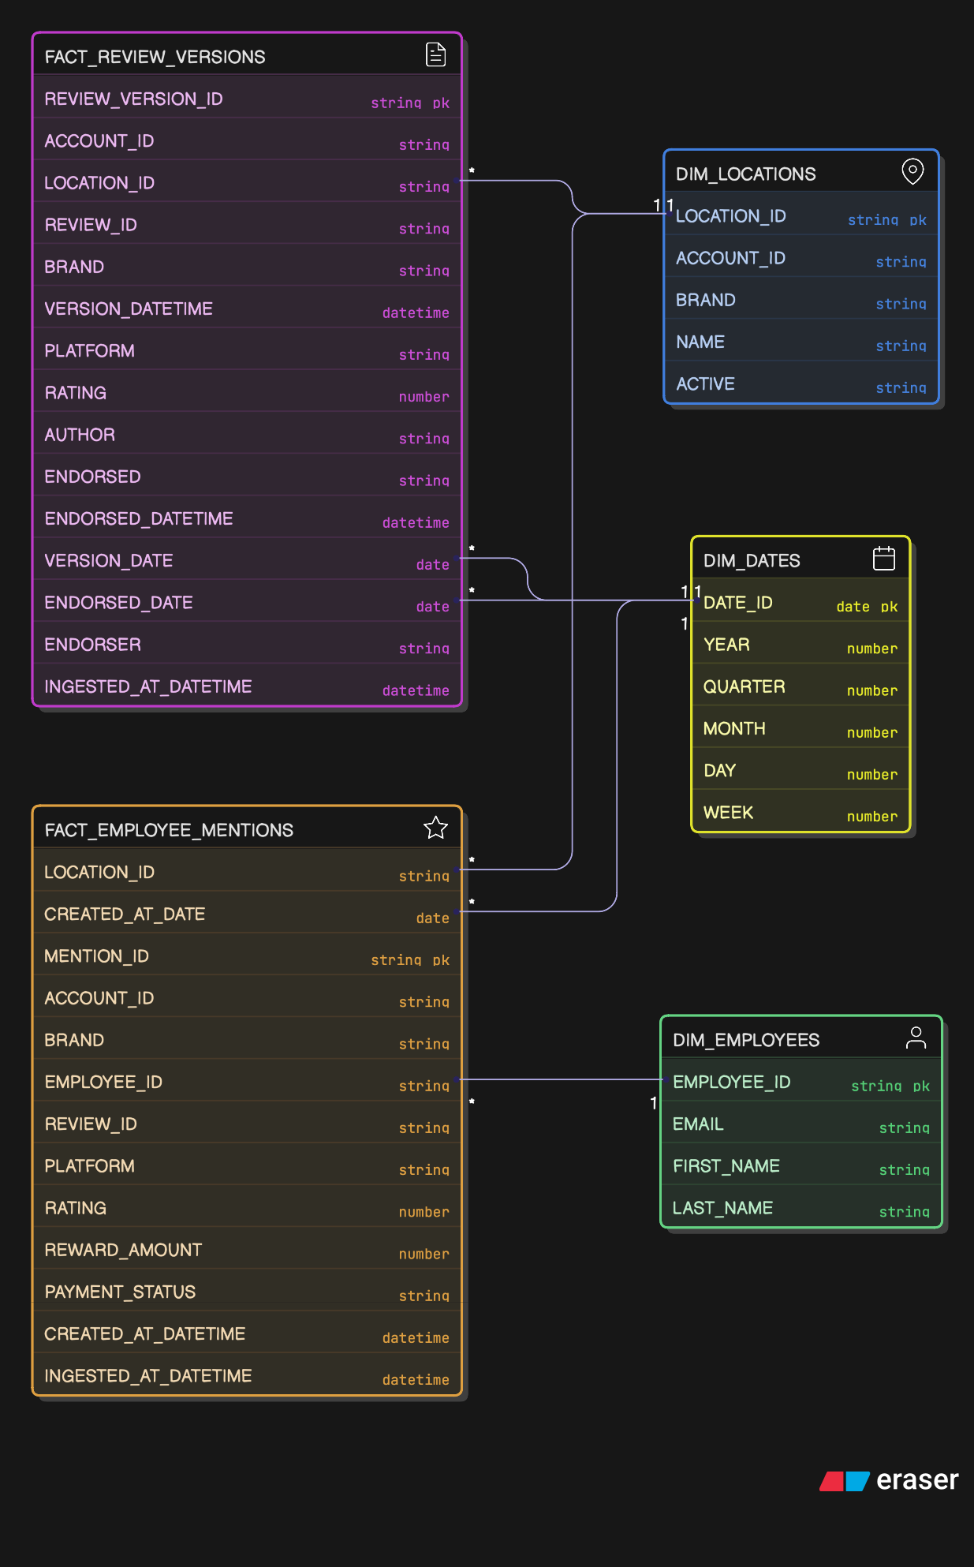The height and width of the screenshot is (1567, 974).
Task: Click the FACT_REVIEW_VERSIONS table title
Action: click(x=155, y=57)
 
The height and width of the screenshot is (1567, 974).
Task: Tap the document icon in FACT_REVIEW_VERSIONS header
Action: click(x=435, y=54)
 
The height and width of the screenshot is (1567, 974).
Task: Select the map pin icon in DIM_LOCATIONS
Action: click(x=912, y=171)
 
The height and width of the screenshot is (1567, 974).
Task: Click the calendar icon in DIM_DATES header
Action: click(x=883, y=559)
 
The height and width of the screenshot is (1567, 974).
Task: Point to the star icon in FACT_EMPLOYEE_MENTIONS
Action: click(x=435, y=828)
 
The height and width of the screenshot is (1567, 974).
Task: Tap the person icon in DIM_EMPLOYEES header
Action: click(x=916, y=1038)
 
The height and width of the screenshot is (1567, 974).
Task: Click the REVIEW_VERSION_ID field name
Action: click(x=133, y=99)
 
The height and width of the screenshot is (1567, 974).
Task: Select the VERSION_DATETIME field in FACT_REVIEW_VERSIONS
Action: click(x=129, y=309)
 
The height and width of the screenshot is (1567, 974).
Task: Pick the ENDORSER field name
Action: click(x=92, y=645)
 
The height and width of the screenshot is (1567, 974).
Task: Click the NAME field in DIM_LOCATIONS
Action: click(x=700, y=342)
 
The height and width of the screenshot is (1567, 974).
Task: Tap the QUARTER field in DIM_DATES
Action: click(x=744, y=687)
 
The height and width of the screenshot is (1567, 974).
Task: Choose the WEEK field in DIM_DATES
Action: click(x=728, y=813)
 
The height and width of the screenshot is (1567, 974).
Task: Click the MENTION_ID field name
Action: click(x=96, y=956)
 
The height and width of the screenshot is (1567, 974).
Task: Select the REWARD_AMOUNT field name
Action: click(x=123, y=1251)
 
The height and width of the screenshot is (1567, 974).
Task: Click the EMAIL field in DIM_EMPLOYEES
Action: click(x=698, y=1124)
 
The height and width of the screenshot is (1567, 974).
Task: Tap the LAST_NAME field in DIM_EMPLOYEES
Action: click(x=722, y=1208)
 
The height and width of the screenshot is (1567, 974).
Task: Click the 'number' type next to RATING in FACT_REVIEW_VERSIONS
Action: click(x=424, y=397)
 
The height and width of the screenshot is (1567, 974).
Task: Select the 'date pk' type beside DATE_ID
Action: click(x=867, y=607)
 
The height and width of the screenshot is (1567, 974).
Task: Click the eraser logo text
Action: click(x=916, y=1480)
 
